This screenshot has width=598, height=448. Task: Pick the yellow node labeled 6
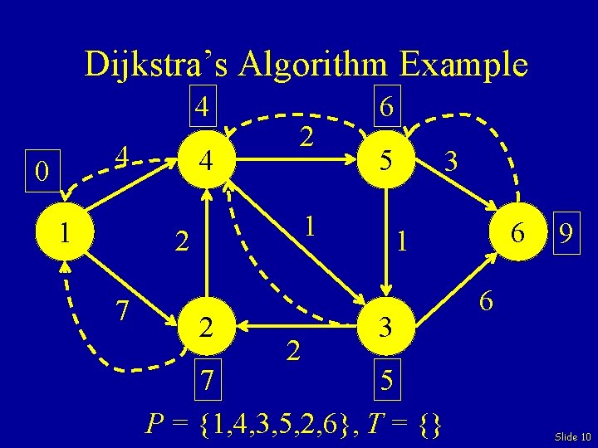click(517, 235)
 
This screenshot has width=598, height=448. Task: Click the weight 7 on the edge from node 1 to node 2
click(121, 311)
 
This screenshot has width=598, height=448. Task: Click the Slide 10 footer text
click(571, 436)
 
